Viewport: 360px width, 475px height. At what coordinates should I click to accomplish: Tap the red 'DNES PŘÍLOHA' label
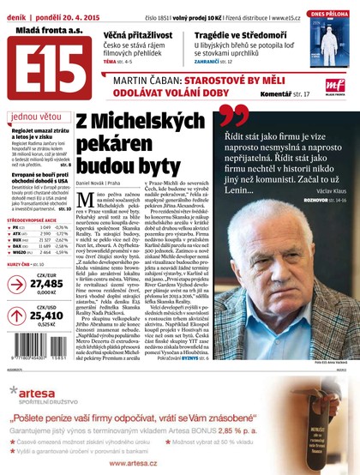click(x=330, y=13)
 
